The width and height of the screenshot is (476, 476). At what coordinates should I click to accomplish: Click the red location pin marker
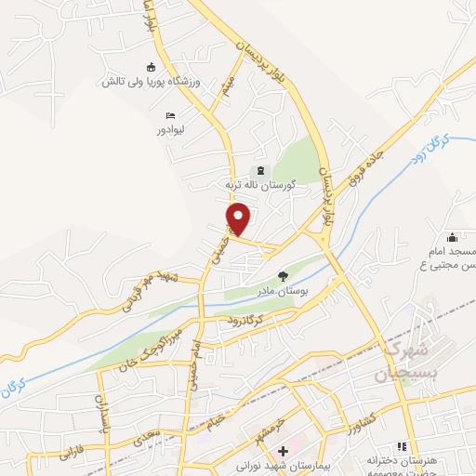point(239,218)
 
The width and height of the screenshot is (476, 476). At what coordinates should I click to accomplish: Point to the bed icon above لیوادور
point(169,115)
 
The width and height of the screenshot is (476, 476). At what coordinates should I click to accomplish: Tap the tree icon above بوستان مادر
point(283,275)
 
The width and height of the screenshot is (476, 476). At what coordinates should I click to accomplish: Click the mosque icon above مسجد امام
point(452,237)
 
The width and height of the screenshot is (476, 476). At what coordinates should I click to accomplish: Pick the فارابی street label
point(73,455)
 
